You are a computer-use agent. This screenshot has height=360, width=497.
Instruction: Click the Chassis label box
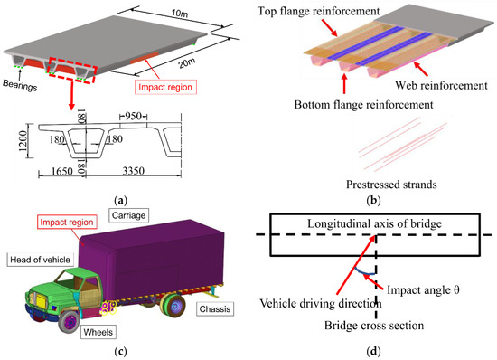[x=213, y=308]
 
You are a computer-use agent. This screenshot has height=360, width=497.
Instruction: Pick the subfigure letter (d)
[x=374, y=352]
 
